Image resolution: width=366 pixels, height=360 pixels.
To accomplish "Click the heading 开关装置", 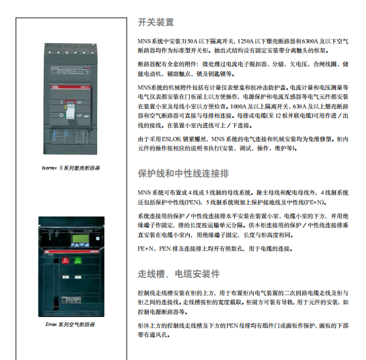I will (156, 22).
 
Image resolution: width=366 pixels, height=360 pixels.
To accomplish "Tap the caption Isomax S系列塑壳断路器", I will (70, 168).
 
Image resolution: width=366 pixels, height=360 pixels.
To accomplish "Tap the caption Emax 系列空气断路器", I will (70, 323).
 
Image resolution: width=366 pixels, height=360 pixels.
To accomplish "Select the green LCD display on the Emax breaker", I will (68, 241).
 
